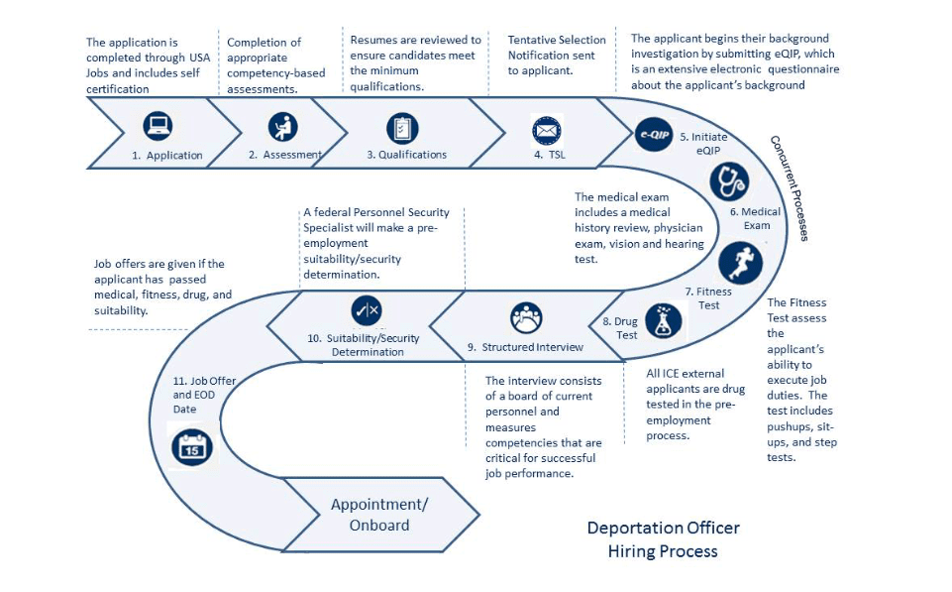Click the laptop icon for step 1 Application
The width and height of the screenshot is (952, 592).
pyautogui.click(x=158, y=126)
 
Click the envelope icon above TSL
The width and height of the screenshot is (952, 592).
pyautogui.click(x=547, y=129)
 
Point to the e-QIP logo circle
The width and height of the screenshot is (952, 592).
pyautogui.click(x=654, y=134)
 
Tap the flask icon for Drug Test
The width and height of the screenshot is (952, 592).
pyautogui.click(x=663, y=320)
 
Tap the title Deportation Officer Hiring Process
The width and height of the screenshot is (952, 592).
pyautogui.click(x=663, y=538)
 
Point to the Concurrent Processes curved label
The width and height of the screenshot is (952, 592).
pyautogui.click(x=791, y=187)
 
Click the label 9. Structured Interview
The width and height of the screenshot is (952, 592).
pyautogui.click(x=525, y=347)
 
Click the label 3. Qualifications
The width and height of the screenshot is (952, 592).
pyautogui.click(x=406, y=155)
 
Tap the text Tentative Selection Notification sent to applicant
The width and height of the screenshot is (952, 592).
pyautogui.click(x=557, y=55)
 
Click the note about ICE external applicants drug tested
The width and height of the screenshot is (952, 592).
pyautogui.click(x=693, y=405)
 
